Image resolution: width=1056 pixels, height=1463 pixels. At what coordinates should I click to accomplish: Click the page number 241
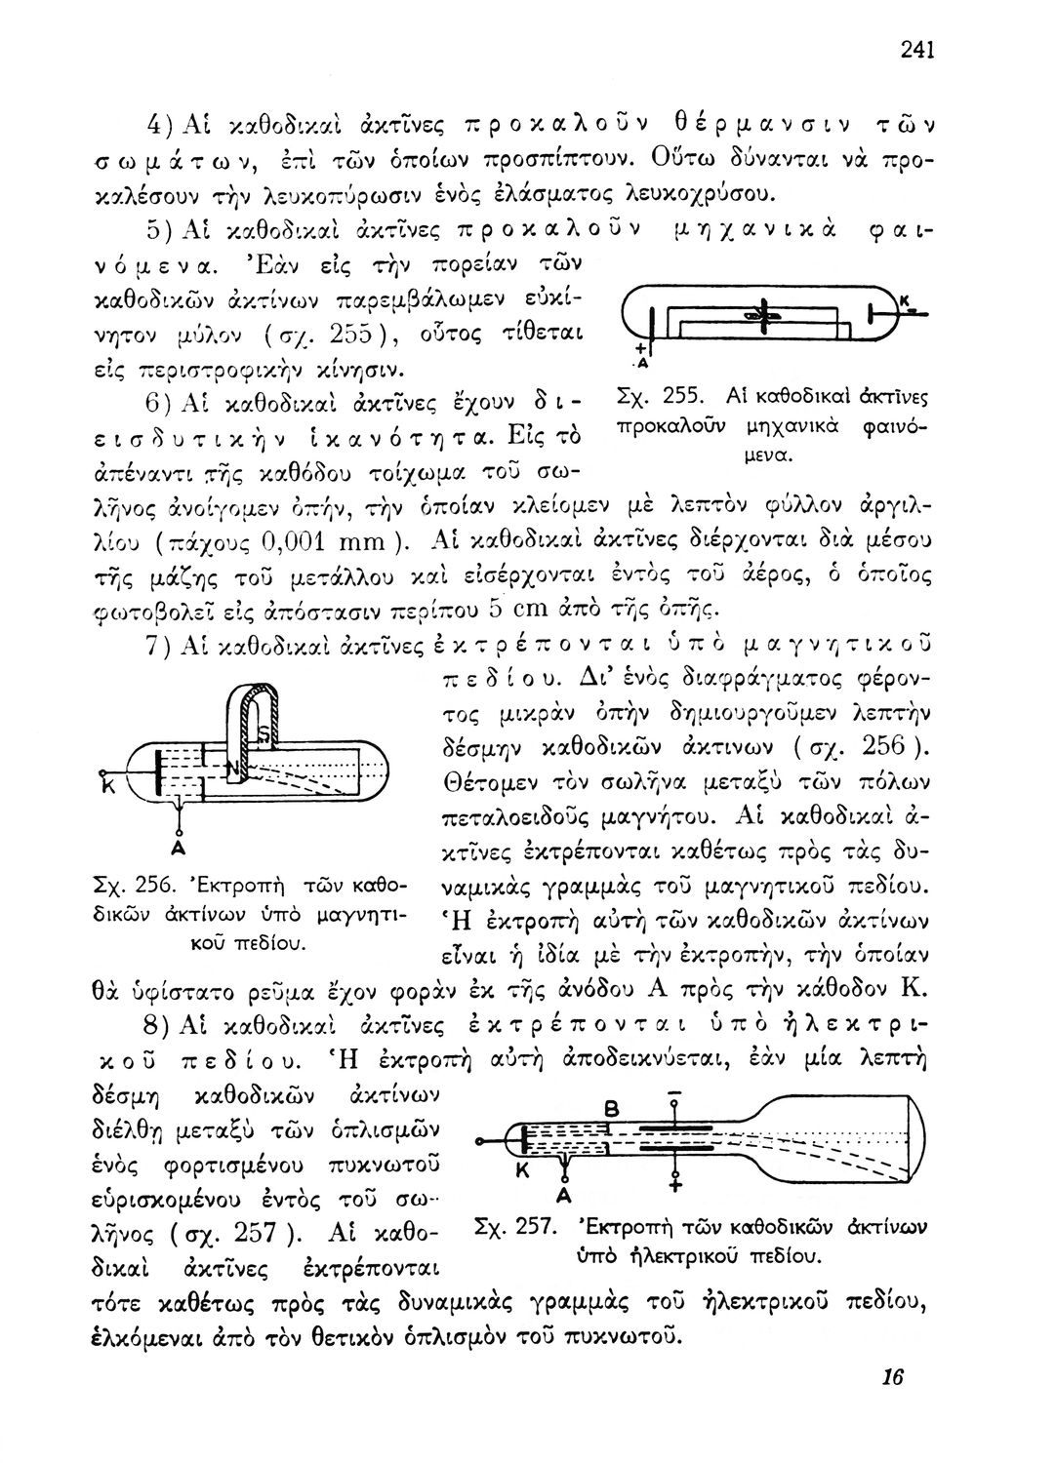916,50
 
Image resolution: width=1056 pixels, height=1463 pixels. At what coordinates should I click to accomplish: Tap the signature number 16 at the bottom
892,1376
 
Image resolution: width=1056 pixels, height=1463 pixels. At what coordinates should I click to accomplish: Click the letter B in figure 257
612,1109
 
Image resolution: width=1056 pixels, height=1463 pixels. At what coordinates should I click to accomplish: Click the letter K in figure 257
520,1172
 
